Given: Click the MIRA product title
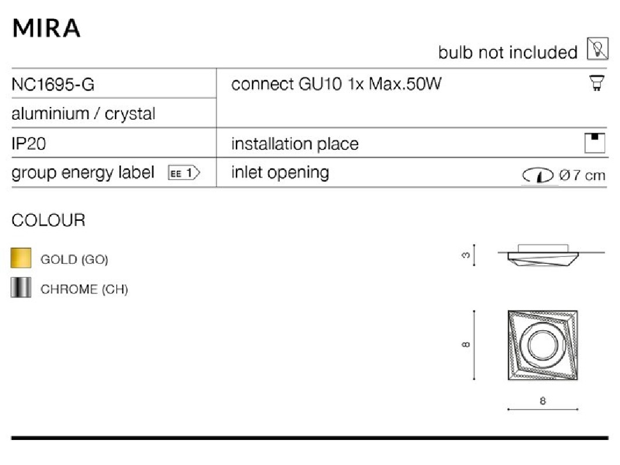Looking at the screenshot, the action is point(46,28).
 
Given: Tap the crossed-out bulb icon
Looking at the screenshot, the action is point(597,49).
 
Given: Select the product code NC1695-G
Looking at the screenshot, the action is point(53,84).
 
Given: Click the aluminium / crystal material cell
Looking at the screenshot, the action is point(84,113).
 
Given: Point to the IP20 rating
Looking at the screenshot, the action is point(28,144).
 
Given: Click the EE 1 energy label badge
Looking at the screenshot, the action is point(184,173).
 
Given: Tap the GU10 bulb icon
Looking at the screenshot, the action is point(597,83).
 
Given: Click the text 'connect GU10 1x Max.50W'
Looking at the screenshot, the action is point(336,84).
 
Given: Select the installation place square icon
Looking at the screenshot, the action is point(594,143).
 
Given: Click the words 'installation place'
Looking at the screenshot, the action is point(295,144).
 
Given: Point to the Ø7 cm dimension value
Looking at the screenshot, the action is point(582,175).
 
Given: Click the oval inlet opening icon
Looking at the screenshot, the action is point(537,175).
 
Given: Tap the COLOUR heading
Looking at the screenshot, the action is point(48,220).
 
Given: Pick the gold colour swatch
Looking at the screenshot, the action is point(21,258).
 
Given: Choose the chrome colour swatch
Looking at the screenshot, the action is point(21,288).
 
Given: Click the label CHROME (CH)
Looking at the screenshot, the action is point(84,289).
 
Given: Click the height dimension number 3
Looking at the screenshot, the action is point(466,255).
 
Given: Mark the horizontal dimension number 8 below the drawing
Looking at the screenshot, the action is point(543,401).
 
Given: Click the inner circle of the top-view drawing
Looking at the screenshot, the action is point(542,345).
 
